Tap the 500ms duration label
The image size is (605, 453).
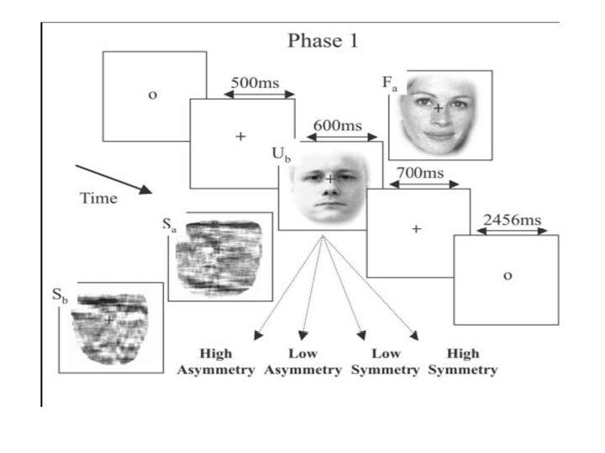point(255,84)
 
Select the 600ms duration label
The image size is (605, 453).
point(338,126)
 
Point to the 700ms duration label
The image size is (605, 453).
point(420,173)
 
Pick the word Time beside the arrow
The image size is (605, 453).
point(98,199)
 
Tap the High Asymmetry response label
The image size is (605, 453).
point(216,362)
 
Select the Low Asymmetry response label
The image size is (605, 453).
point(302,362)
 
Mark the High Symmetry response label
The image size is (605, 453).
point(463,362)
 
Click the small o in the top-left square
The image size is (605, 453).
point(152,96)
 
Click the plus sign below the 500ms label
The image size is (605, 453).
point(240,137)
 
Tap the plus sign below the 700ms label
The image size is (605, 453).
point(415,229)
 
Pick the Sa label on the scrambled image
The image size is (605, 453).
point(169,225)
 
